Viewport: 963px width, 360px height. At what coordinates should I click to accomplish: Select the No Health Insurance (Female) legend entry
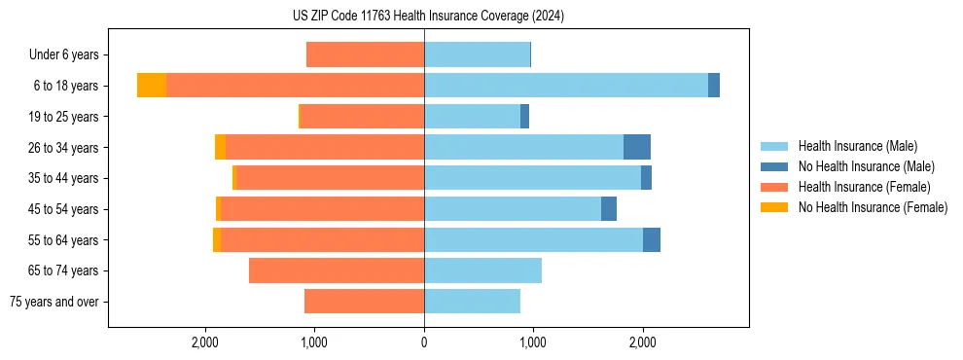(873, 207)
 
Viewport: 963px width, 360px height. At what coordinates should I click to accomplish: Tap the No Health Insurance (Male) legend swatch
(775, 166)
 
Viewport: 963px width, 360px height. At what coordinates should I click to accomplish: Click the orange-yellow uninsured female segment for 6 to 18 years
(152, 86)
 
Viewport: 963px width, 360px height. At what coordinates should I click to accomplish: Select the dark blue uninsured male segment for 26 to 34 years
(637, 147)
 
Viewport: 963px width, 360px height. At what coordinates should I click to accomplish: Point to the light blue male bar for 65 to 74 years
(482, 270)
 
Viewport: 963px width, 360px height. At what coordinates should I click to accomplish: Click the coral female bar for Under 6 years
(365, 54)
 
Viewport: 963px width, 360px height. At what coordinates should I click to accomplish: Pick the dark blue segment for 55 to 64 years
(652, 239)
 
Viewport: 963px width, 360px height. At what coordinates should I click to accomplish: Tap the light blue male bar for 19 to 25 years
(472, 117)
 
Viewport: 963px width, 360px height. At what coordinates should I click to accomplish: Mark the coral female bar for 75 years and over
(364, 302)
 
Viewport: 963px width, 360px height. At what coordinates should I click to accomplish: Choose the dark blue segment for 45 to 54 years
(609, 209)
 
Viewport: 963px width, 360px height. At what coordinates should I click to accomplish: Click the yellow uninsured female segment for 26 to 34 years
(220, 147)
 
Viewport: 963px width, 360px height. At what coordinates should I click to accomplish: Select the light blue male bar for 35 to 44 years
(532, 178)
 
